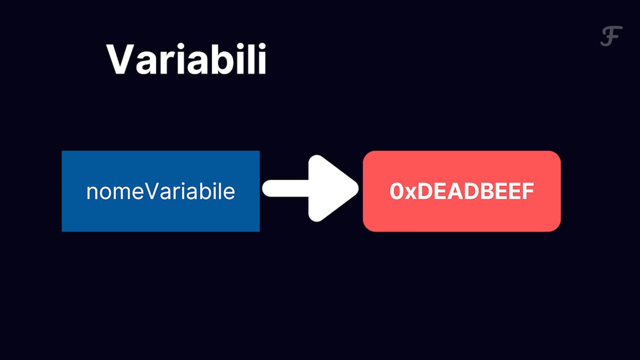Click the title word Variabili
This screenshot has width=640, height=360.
(186, 59)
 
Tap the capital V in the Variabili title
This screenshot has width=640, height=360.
(121, 59)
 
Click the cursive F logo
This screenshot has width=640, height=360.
(611, 36)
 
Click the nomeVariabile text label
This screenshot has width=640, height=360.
(161, 191)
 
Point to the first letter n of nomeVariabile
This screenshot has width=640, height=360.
(92, 194)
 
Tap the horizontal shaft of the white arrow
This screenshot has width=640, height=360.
(286, 188)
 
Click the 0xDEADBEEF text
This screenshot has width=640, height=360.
(462, 191)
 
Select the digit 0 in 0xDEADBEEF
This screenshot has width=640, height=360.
(396, 191)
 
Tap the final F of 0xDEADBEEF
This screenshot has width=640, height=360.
(527, 191)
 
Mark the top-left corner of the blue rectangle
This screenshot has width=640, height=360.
(62, 151)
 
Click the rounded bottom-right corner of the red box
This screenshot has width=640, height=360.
(557, 228)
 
